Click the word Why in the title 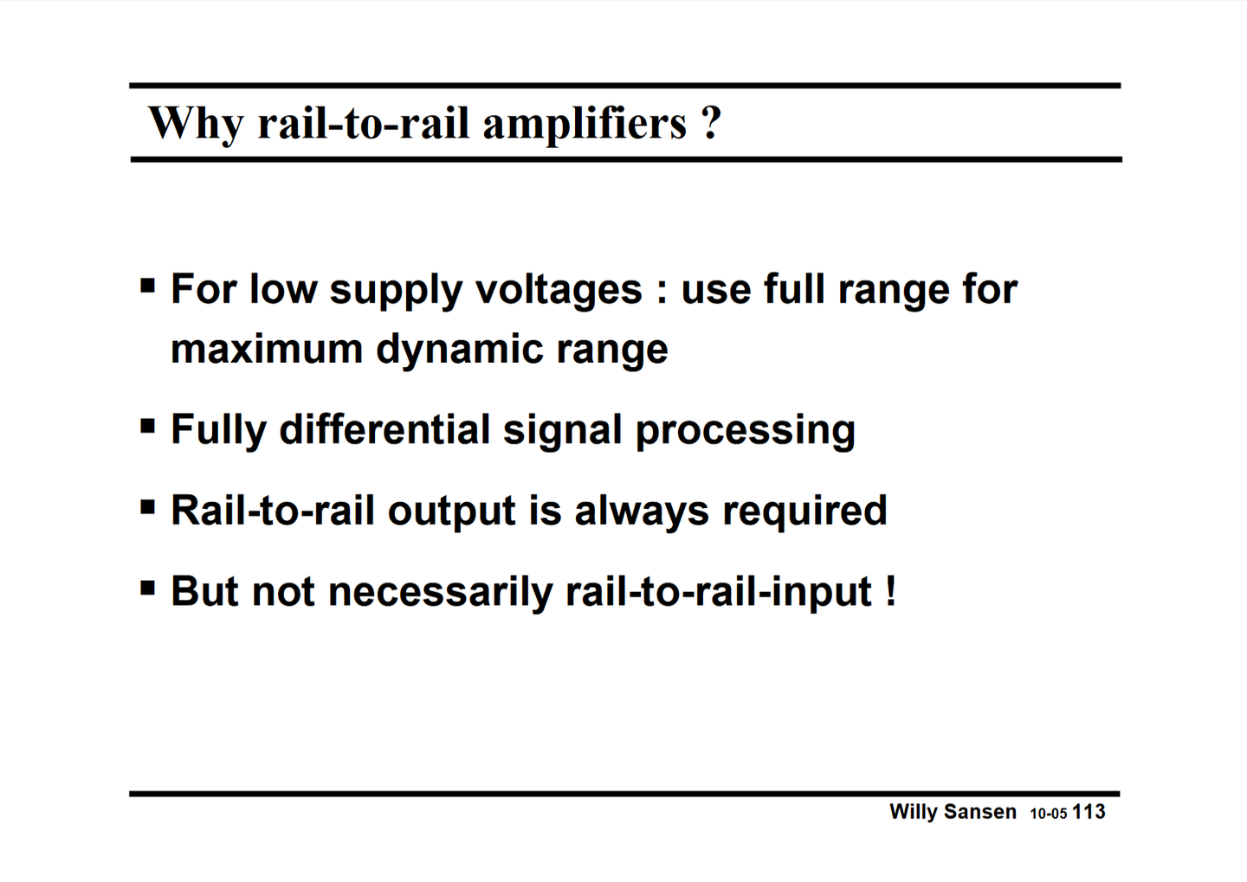click(x=197, y=122)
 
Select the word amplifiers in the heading click(x=585, y=122)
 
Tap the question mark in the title click(x=711, y=122)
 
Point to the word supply click(x=396, y=290)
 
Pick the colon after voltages click(x=662, y=291)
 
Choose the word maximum click(x=266, y=349)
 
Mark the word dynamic click(x=458, y=351)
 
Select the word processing click(x=745, y=431)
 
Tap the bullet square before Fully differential click(x=148, y=426)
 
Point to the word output click(x=451, y=511)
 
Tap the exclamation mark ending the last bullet click(x=890, y=591)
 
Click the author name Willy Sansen click(x=953, y=812)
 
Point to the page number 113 click(x=1089, y=812)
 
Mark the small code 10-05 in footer click(x=1048, y=814)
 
